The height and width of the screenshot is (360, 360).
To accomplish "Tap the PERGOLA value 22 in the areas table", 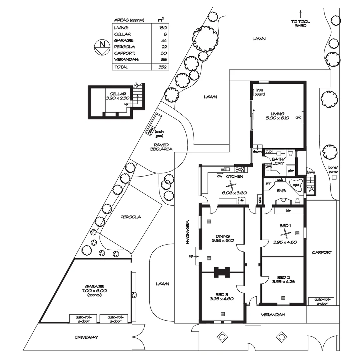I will click(163, 47).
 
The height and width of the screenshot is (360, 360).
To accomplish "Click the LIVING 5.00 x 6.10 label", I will click(277, 116).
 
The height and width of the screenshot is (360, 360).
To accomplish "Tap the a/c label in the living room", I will click(298, 117).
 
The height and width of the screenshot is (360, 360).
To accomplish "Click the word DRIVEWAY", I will click(87, 337).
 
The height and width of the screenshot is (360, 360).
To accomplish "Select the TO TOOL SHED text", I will click(300, 24).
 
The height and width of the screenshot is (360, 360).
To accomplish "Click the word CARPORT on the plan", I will click(322, 253).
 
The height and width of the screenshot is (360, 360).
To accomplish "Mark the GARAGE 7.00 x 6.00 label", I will click(94, 288).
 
